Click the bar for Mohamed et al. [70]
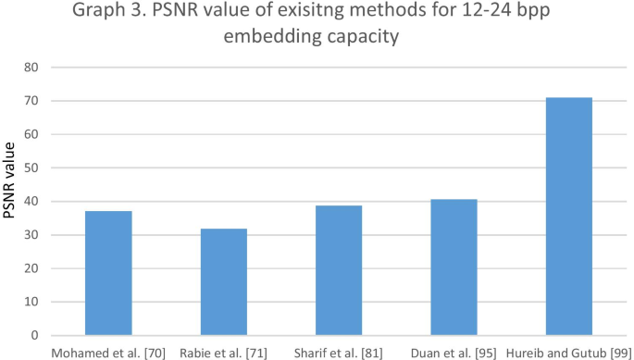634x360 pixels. coord(108,273)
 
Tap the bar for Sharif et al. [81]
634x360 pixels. coord(339,270)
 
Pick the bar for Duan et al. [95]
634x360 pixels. coord(454,267)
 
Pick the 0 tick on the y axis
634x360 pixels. coord(35,335)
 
